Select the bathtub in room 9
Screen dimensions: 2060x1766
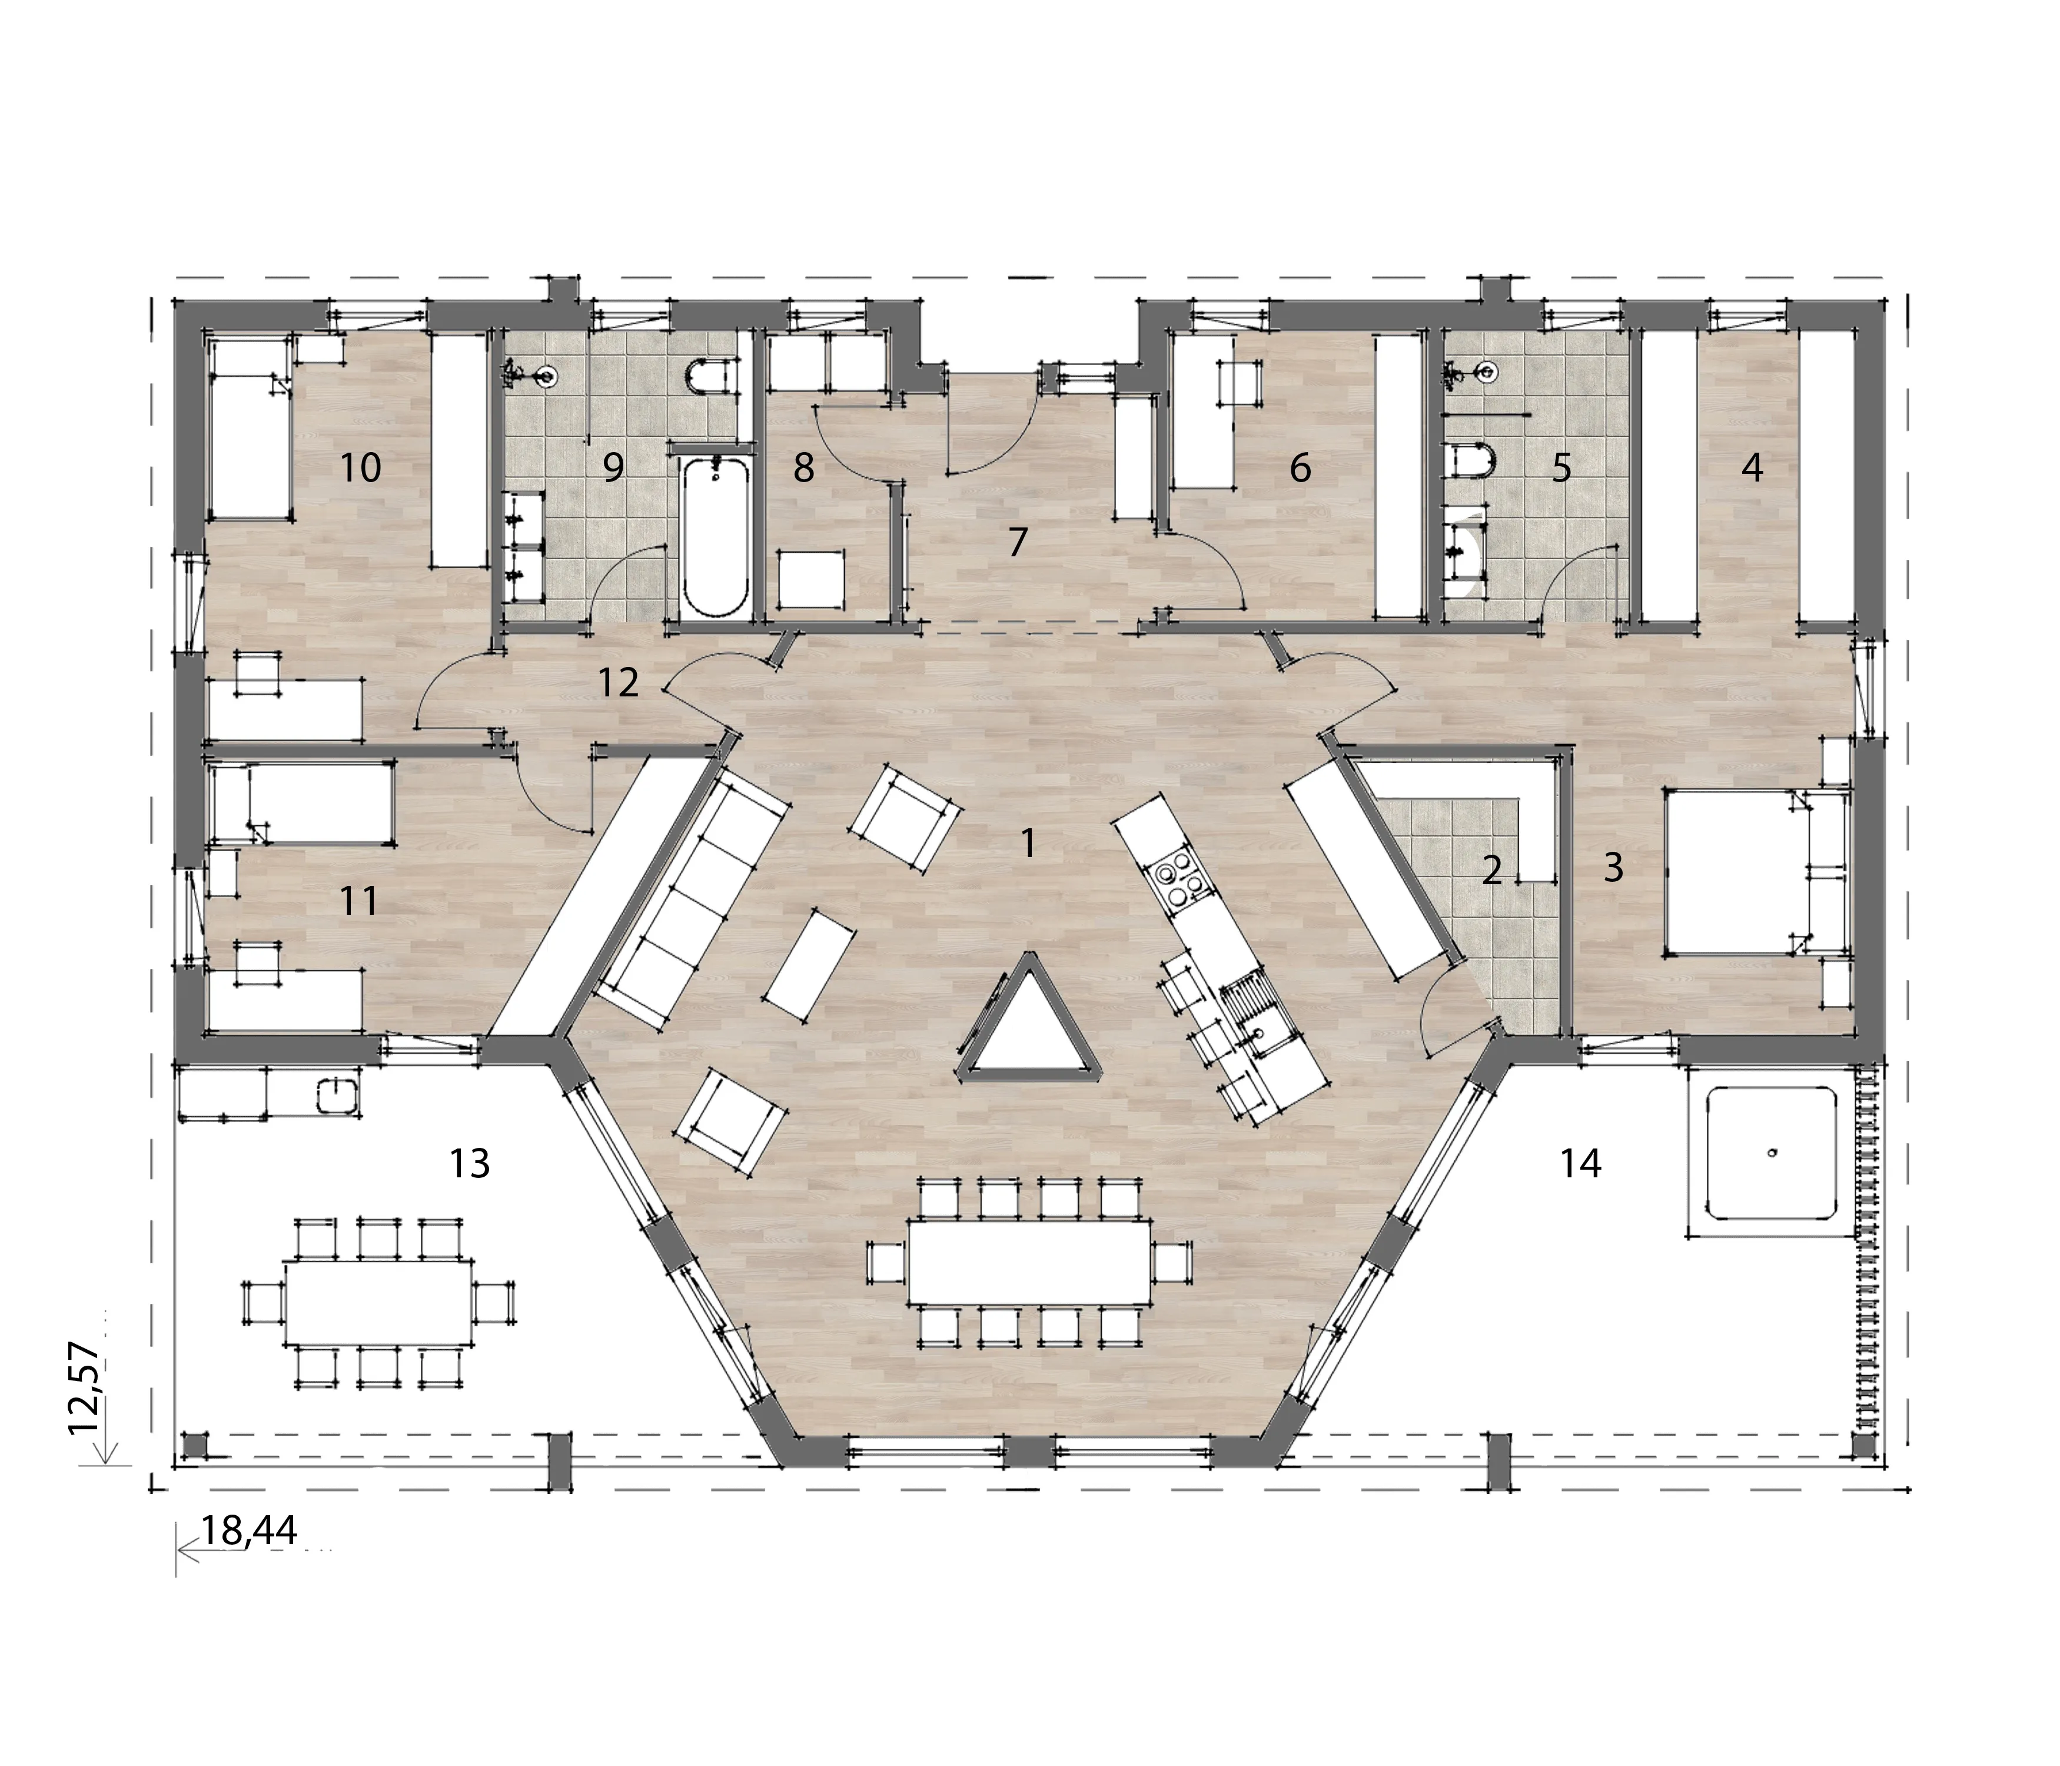point(714,537)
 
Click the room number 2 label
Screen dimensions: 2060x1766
point(1491,871)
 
